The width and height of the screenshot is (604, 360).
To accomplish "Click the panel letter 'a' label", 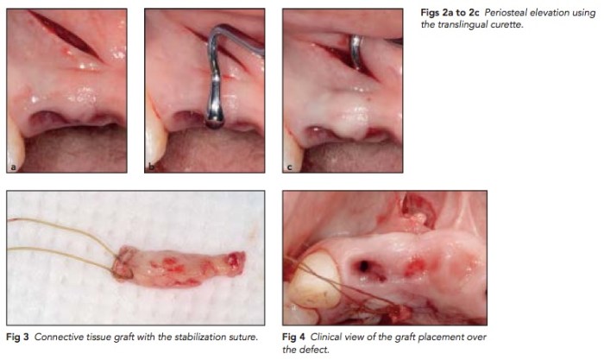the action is tap(14, 167).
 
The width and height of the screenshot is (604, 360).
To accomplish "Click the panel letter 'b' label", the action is tap(151, 167).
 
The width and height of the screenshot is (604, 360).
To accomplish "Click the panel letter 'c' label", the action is tap(289, 167).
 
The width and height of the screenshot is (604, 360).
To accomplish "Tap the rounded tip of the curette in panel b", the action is tap(215, 123).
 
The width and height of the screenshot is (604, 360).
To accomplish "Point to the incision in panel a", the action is tap(66, 35).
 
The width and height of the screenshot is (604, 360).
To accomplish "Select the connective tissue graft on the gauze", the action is tap(179, 267).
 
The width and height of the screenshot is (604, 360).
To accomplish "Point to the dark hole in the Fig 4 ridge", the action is tap(363, 266).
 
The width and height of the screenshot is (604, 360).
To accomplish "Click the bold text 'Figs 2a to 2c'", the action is tap(450, 13).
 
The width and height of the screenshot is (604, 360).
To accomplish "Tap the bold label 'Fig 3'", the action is tap(17, 337).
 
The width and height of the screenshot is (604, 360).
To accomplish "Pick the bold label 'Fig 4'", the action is tap(293, 337).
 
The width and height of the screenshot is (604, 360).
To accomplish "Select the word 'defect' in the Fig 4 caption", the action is tap(317, 350).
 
